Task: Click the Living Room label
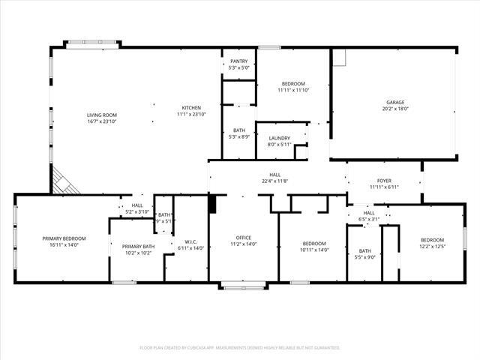102,115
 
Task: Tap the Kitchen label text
191,107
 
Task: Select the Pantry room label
239,61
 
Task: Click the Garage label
395,102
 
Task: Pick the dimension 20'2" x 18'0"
395,109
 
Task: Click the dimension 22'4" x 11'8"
275,181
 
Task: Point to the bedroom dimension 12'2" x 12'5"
431,246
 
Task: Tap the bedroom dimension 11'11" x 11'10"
293,90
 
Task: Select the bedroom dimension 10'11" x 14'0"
314,250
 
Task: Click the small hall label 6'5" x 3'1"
369,219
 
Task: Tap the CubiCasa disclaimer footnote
240,348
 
